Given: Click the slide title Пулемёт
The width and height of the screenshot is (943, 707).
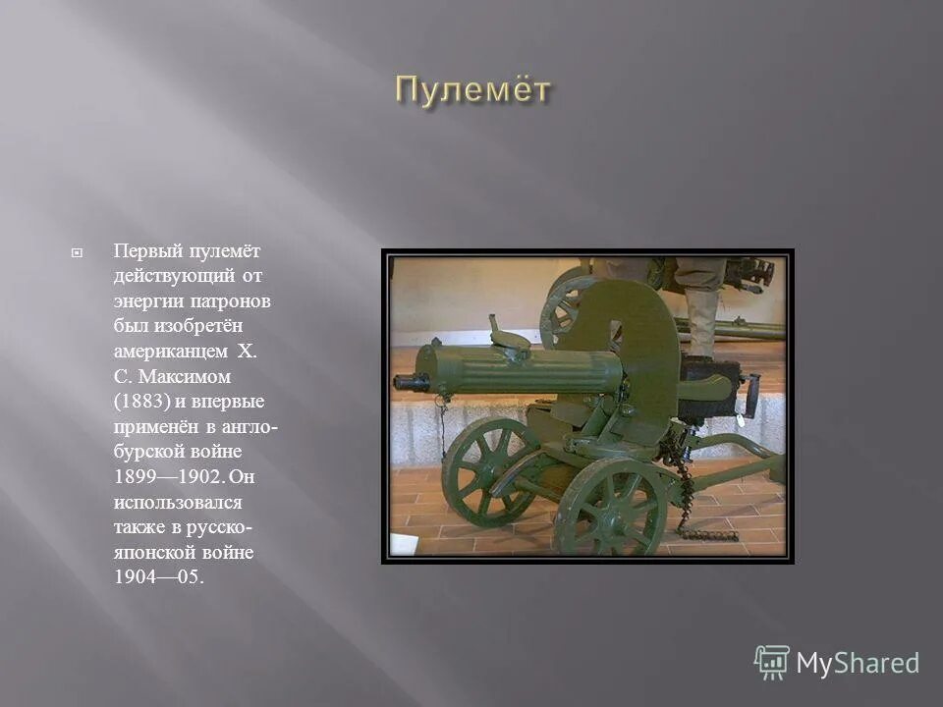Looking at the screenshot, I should (473, 90).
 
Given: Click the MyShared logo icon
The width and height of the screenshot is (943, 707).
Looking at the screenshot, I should (771, 663).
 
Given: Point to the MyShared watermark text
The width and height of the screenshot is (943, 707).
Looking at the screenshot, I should (858, 664).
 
